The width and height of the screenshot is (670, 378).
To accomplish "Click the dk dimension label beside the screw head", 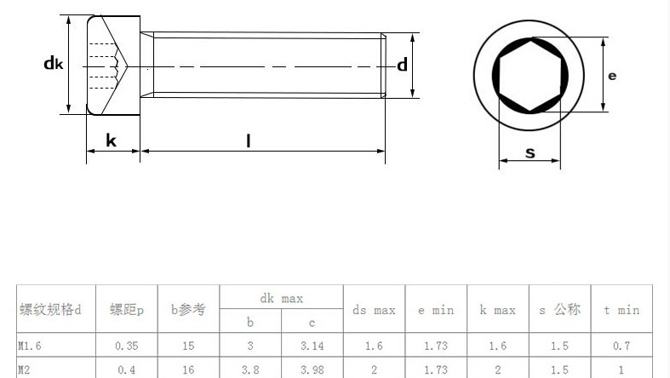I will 54,63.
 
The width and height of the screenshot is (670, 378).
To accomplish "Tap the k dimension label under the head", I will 112,140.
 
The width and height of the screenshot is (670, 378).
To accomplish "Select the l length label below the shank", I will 249,141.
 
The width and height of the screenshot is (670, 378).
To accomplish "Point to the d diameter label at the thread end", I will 402,65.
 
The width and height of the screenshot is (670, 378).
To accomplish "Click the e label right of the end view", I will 612,76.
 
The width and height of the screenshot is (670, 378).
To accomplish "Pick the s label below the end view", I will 530,153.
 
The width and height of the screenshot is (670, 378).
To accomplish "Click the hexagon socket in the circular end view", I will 530,75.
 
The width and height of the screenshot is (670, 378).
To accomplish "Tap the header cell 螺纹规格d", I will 50,311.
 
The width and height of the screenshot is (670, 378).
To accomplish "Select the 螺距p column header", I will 127,311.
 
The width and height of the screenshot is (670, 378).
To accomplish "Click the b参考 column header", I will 188,311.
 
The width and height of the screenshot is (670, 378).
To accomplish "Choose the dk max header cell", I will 281,299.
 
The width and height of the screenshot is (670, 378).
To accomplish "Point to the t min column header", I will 621,311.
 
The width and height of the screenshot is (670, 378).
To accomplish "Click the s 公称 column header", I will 559,310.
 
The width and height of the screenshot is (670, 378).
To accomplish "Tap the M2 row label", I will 25,369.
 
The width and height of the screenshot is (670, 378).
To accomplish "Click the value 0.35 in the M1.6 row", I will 127,346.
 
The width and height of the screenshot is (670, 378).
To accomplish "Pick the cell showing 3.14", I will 312,346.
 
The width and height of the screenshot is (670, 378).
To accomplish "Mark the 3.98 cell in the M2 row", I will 312,369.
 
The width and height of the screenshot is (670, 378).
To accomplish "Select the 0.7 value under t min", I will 621,346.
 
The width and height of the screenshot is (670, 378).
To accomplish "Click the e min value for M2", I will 435,369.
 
